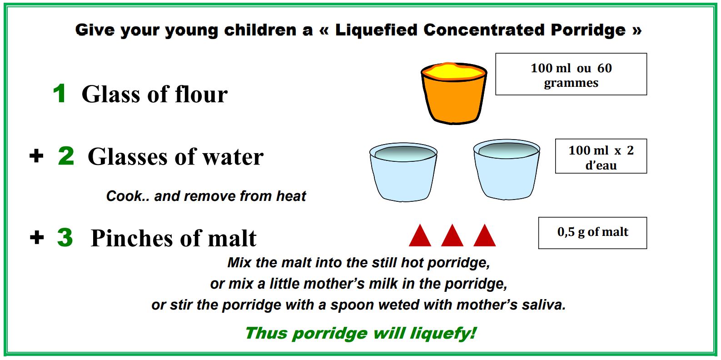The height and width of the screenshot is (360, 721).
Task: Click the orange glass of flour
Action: pos(454,93)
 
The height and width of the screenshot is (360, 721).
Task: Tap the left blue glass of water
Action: pos(403,172)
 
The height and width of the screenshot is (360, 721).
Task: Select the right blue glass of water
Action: pos(507,170)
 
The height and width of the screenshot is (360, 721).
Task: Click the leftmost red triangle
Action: pos(420,236)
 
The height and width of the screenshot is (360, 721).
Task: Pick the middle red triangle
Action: pos(452,236)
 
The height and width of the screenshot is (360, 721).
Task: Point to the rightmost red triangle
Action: pos(484,236)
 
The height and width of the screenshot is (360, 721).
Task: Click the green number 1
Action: pos(60,93)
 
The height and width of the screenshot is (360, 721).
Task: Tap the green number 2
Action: pos(66,156)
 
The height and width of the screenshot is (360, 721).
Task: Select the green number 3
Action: pos(65,237)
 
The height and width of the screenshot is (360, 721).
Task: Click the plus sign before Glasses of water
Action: pos(36,156)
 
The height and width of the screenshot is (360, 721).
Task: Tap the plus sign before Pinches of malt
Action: pos(37,238)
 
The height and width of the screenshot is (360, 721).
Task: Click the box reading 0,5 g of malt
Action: pos(592,233)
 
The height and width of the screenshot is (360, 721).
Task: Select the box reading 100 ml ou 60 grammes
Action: pos(571,74)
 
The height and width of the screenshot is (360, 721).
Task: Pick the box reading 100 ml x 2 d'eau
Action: pos(601,156)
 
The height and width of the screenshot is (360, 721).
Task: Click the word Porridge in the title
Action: pos(588,30)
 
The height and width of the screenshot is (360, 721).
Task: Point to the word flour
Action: pos(201,94)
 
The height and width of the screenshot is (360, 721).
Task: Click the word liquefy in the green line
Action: pos(443,333)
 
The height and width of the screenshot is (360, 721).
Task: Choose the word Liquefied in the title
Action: pos(376,30)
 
